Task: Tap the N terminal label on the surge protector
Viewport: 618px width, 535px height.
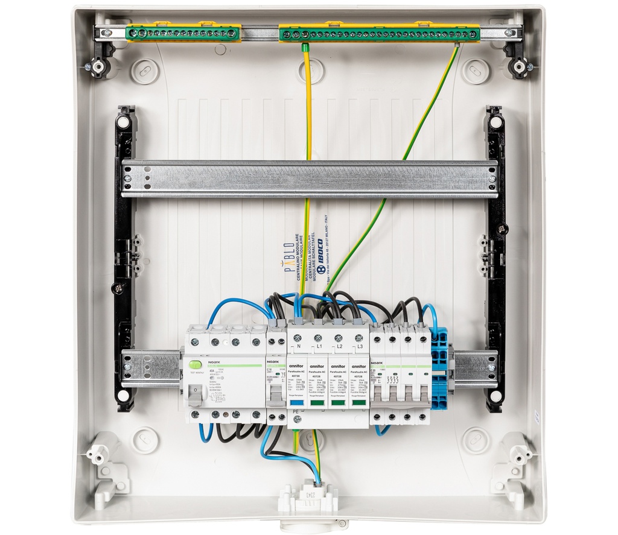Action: [298, 347]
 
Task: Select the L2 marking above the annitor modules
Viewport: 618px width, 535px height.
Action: [339, 347]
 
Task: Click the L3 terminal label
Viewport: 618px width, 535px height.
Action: [359, 347]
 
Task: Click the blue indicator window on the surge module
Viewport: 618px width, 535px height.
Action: [297, 401]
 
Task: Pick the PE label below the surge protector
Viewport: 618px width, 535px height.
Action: [296, 411]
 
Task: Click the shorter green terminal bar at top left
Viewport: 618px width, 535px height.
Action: [183, 34]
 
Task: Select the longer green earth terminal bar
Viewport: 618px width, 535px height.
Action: [379, 34]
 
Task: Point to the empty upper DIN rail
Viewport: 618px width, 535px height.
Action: [309, 179]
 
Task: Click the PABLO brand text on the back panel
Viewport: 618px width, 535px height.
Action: [290, 258]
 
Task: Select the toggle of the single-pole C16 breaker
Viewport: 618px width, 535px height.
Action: [276, 395]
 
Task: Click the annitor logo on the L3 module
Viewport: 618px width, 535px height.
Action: [358, 366]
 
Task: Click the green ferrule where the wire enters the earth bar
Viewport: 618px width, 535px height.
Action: [305, 46]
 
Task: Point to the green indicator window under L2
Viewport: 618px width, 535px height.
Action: [338, 401]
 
